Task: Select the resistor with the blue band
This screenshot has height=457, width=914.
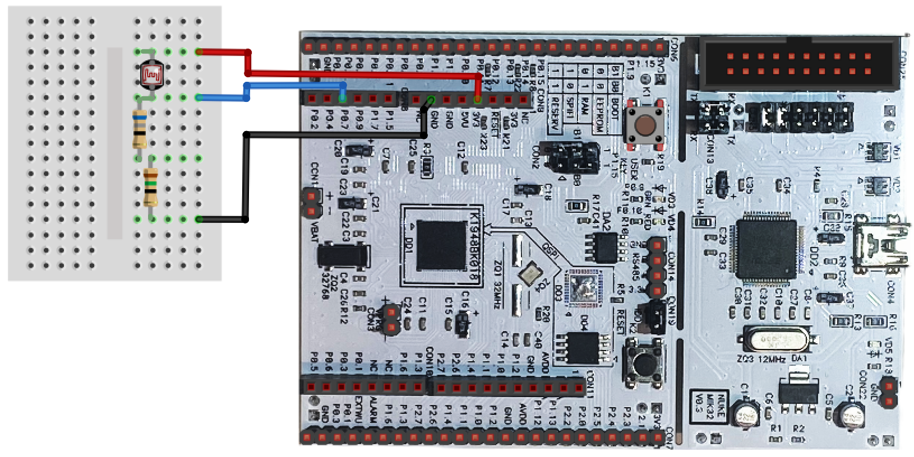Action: [x=140, y=128]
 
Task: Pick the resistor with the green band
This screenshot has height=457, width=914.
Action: [x=150, y=188]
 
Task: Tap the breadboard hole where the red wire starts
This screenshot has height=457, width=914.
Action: [x=199, y=52]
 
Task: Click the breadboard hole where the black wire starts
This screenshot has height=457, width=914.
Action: [x=199, y=219]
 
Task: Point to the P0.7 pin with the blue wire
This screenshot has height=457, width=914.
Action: [x=343, y=99]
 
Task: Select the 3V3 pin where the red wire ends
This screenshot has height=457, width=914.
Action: [x=477, y=100]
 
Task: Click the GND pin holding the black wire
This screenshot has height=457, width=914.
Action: [x=431, y=100]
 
